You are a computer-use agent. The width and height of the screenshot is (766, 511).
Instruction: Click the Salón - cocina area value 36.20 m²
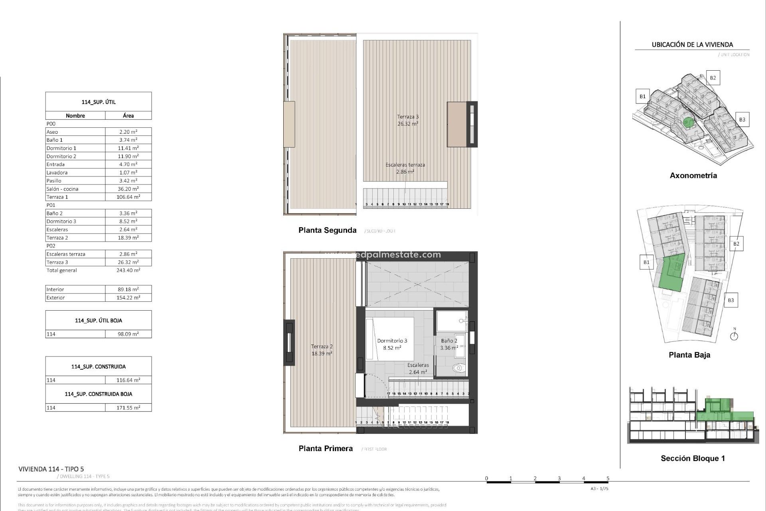[x=128, y=189]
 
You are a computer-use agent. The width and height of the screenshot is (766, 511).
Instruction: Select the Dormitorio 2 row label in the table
[x=61, y=156]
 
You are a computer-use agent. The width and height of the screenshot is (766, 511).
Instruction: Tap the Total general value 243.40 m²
[x=128, y=270]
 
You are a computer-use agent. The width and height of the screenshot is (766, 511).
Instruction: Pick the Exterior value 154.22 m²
[x=128, y=298]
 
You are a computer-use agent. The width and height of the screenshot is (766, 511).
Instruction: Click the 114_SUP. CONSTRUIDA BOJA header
[x=99, y=394]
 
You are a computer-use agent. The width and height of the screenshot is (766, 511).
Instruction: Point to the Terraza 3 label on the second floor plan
[x=407, y=117]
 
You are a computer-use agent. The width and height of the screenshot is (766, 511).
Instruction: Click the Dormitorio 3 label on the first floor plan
[x=392, y=341]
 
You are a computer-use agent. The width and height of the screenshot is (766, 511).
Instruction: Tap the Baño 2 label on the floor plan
[x=449, y=341]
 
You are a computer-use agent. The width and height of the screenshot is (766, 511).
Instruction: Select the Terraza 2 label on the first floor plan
[x=322, y=347]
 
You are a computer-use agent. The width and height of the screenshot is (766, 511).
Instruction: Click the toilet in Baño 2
[x=459, y=368]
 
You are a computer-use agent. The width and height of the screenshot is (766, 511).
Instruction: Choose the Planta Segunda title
[x=327, y=230]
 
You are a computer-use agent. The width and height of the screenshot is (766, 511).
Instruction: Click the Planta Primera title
[x=326, y=449]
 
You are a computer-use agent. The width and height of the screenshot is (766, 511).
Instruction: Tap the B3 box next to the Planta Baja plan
[x=730, y=300]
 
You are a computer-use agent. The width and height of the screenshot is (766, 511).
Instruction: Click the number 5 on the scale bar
[x=608, y=478]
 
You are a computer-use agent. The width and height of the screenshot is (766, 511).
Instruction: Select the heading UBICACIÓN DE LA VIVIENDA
[x=692, y=45]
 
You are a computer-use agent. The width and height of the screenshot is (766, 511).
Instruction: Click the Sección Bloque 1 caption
[x=693, y=458]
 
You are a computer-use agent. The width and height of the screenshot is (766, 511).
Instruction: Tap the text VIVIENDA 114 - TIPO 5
[x=51, y=469]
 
